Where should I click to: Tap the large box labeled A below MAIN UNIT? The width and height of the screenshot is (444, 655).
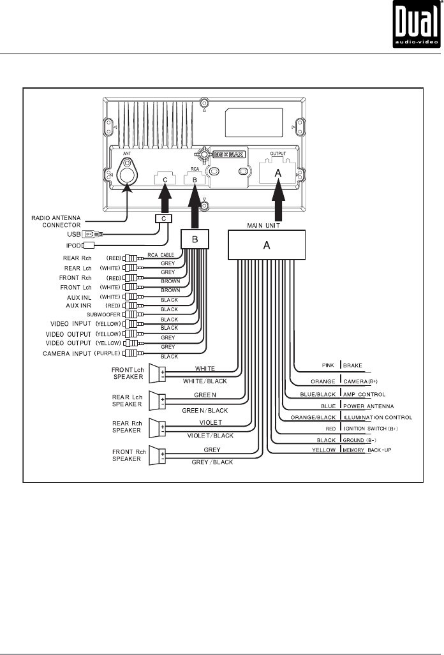pyautogui.click(x=267, y=244)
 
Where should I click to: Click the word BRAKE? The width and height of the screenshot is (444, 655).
pyautogui.click(x=353, y=366)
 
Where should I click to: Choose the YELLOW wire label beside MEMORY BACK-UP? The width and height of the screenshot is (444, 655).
pyautogui.click(x=325, y=450)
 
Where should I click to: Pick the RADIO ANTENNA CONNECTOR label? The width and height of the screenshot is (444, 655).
pyautogui.click(x=56, y=221)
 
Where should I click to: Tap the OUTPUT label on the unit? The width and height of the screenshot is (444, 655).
pyautogui.click(x=278, y=154)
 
